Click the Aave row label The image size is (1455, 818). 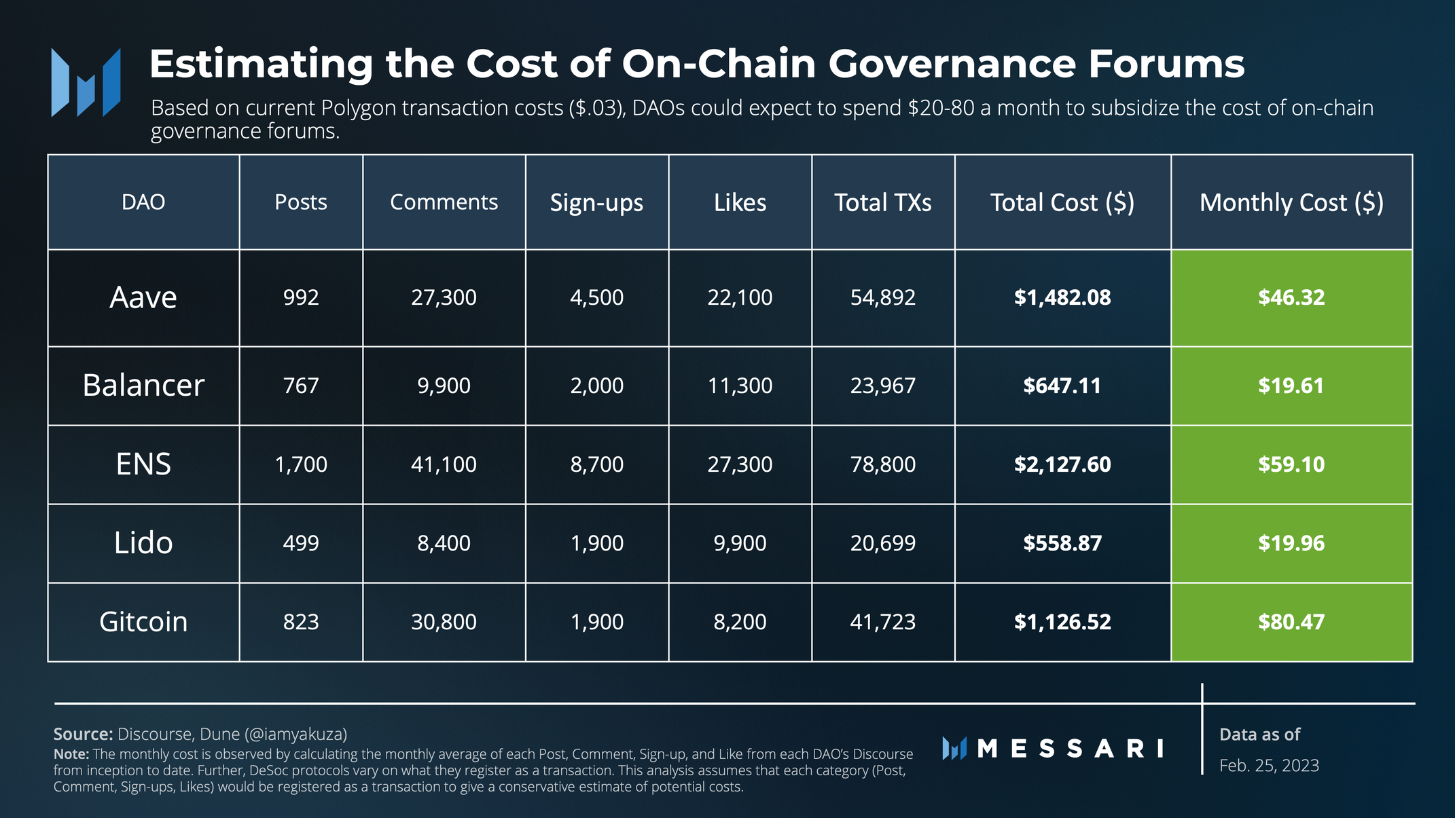[x=143, y=297]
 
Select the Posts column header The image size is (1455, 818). [x=301, y=202]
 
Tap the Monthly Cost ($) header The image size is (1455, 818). [x=1291, y=202]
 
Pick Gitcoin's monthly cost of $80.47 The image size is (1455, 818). [x=1291, y=622]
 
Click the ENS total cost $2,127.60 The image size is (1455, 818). [x=1062, y=464]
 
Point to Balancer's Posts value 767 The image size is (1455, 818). [x=301, y=386]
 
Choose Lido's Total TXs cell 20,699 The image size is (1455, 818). [x=883, y=543]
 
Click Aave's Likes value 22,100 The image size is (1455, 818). [x=740, y=297]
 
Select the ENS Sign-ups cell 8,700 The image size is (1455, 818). [x=597, y=464]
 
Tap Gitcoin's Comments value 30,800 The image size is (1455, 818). [x=444, y=622]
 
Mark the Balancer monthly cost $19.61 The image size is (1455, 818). [x=1291, y=386]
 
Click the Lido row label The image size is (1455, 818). [x=143, y=543]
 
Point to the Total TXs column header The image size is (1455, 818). [x=883, y=202]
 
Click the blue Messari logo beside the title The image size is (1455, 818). [x=86, y=82]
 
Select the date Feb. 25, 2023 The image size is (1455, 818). [x=1269, y=766]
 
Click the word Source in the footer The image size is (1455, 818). [x=83, y=734]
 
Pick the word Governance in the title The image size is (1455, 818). [x=952, y=64]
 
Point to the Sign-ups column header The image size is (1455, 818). [x=596, y=202]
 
